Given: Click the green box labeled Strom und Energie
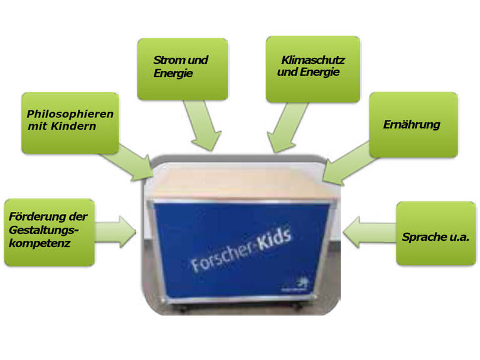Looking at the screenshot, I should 181,68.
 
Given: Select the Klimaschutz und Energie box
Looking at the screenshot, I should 313,68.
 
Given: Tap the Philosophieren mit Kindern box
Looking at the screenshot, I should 70,123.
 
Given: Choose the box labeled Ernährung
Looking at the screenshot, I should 413,124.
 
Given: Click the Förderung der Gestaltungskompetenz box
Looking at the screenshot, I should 48,231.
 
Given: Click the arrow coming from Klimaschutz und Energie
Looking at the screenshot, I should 287,128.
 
